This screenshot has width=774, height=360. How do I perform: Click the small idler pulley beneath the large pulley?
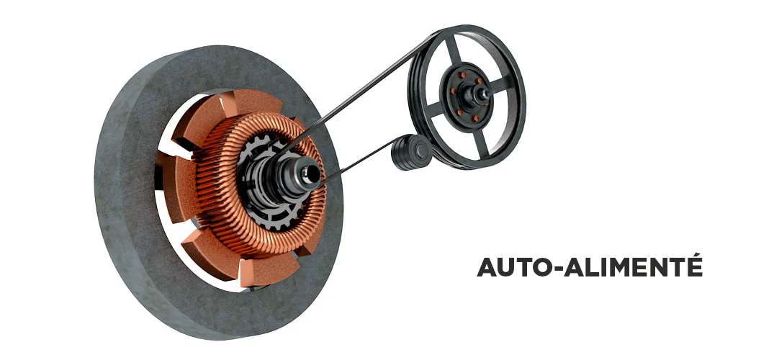[412, 152]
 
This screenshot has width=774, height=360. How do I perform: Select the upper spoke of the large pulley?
[453, 50]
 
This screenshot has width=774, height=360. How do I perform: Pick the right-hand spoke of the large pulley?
[502, 84]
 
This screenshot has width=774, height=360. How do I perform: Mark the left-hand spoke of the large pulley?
[433, 109]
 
